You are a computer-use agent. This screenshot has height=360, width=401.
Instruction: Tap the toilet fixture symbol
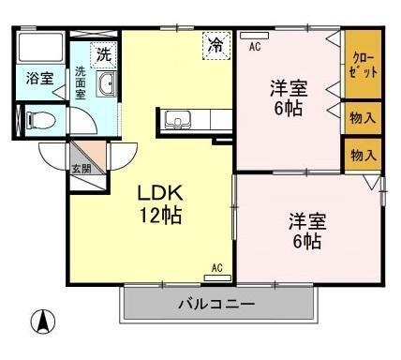(x=37, y=120)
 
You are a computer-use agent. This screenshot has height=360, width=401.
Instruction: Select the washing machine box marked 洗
(x=104, y=53)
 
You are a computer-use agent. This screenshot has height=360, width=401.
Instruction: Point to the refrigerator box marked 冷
(x=216, y=45)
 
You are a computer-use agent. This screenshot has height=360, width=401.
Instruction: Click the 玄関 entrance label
(x=81, y=169)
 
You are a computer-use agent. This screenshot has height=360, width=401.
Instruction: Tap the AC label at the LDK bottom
(x=216, y=269)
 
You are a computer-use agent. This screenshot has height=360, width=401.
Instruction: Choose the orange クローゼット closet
(x=362, y=66)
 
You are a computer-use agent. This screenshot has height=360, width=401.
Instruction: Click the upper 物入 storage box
(x=362, y=118)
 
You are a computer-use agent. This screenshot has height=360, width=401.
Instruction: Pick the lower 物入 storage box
(x=362, y=154)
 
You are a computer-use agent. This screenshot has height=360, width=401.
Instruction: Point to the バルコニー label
(x=216, y=305)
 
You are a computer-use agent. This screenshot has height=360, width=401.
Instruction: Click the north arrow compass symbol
(x=41, y=322)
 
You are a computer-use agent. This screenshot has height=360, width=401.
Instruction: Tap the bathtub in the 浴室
(x=39, y=50)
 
